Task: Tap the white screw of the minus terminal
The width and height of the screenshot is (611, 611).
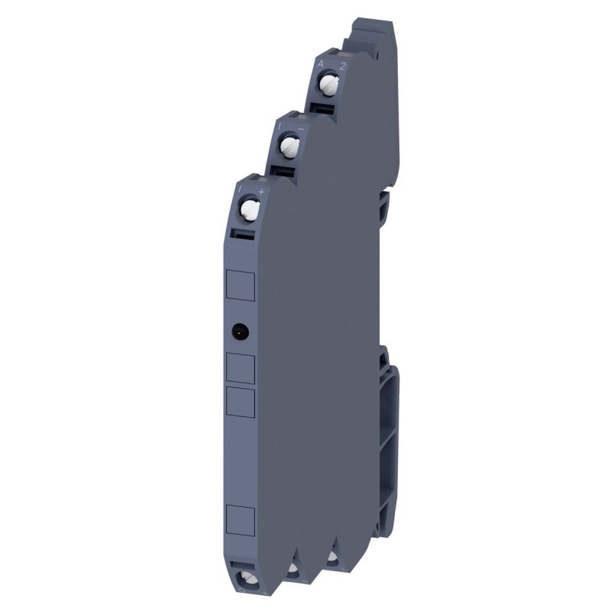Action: pos(289,143)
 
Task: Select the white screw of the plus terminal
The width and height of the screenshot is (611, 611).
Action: pos(248,208)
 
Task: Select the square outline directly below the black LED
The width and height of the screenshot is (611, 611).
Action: pos(241,367)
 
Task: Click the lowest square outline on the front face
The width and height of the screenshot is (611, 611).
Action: pos(241,519)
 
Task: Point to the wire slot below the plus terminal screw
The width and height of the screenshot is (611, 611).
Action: pos(244,234)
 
